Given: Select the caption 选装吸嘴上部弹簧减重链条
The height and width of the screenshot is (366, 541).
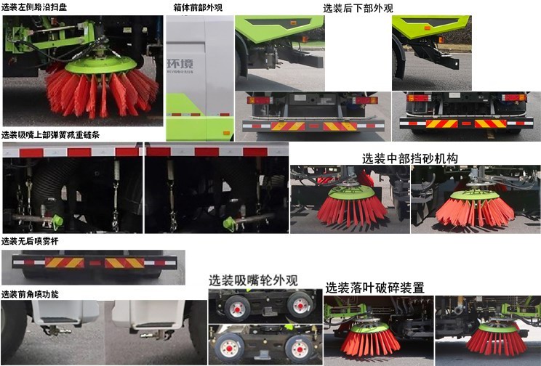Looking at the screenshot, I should (50, 135).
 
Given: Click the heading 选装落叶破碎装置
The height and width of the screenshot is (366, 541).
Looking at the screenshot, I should (374, 287).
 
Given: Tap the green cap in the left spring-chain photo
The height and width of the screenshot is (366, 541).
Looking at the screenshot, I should (58, 219).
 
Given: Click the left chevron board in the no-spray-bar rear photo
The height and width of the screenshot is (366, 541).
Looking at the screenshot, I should (65, 262).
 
